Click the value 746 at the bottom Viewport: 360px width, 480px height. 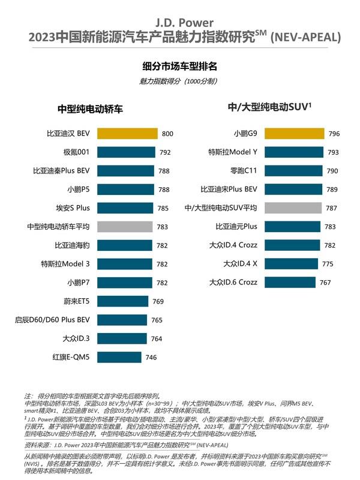[x=151, y=357]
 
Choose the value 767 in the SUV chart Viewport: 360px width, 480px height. [x=325, y=282]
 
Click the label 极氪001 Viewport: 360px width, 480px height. [x=76, y=152]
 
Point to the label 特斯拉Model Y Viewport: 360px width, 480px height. [x=233, y=152]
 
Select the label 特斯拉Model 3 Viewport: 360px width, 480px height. [x=65, y=264]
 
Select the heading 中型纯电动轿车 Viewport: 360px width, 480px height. [x=90, y=109]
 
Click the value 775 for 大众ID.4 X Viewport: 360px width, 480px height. [x=327, y=264]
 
